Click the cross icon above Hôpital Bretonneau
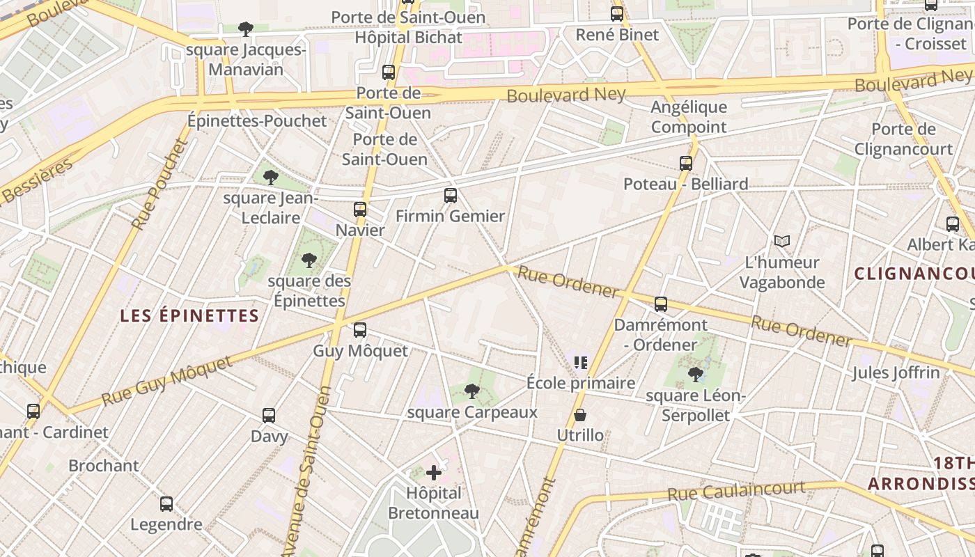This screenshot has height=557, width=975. coord(434,473)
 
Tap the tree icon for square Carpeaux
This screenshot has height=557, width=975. coord(472,391)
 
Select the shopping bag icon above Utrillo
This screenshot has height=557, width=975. coord(579,416)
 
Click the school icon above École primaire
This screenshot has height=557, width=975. coord(581,362)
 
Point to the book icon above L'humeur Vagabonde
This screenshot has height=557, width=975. coord(782,241)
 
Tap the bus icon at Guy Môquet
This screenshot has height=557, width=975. coord(360,330)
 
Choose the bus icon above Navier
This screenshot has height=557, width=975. coord(360,209)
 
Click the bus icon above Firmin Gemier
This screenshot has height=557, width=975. coord(451,196)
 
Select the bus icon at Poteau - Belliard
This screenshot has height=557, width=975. coord(686,164)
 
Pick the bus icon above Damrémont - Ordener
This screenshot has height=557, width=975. coord(661,304)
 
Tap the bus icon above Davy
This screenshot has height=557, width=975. coord(269,416)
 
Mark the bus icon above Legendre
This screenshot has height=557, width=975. coord(166,504)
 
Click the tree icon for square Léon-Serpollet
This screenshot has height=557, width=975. coord(695,375)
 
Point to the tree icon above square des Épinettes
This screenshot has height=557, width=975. coord(309,261)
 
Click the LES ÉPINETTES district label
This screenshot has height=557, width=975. coord(189,316)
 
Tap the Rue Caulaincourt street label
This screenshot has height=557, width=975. coord(736,490)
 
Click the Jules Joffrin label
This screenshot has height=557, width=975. coord(896,372)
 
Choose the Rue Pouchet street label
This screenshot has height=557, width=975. coord(160,185)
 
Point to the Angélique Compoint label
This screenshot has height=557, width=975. coord(689,117)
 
